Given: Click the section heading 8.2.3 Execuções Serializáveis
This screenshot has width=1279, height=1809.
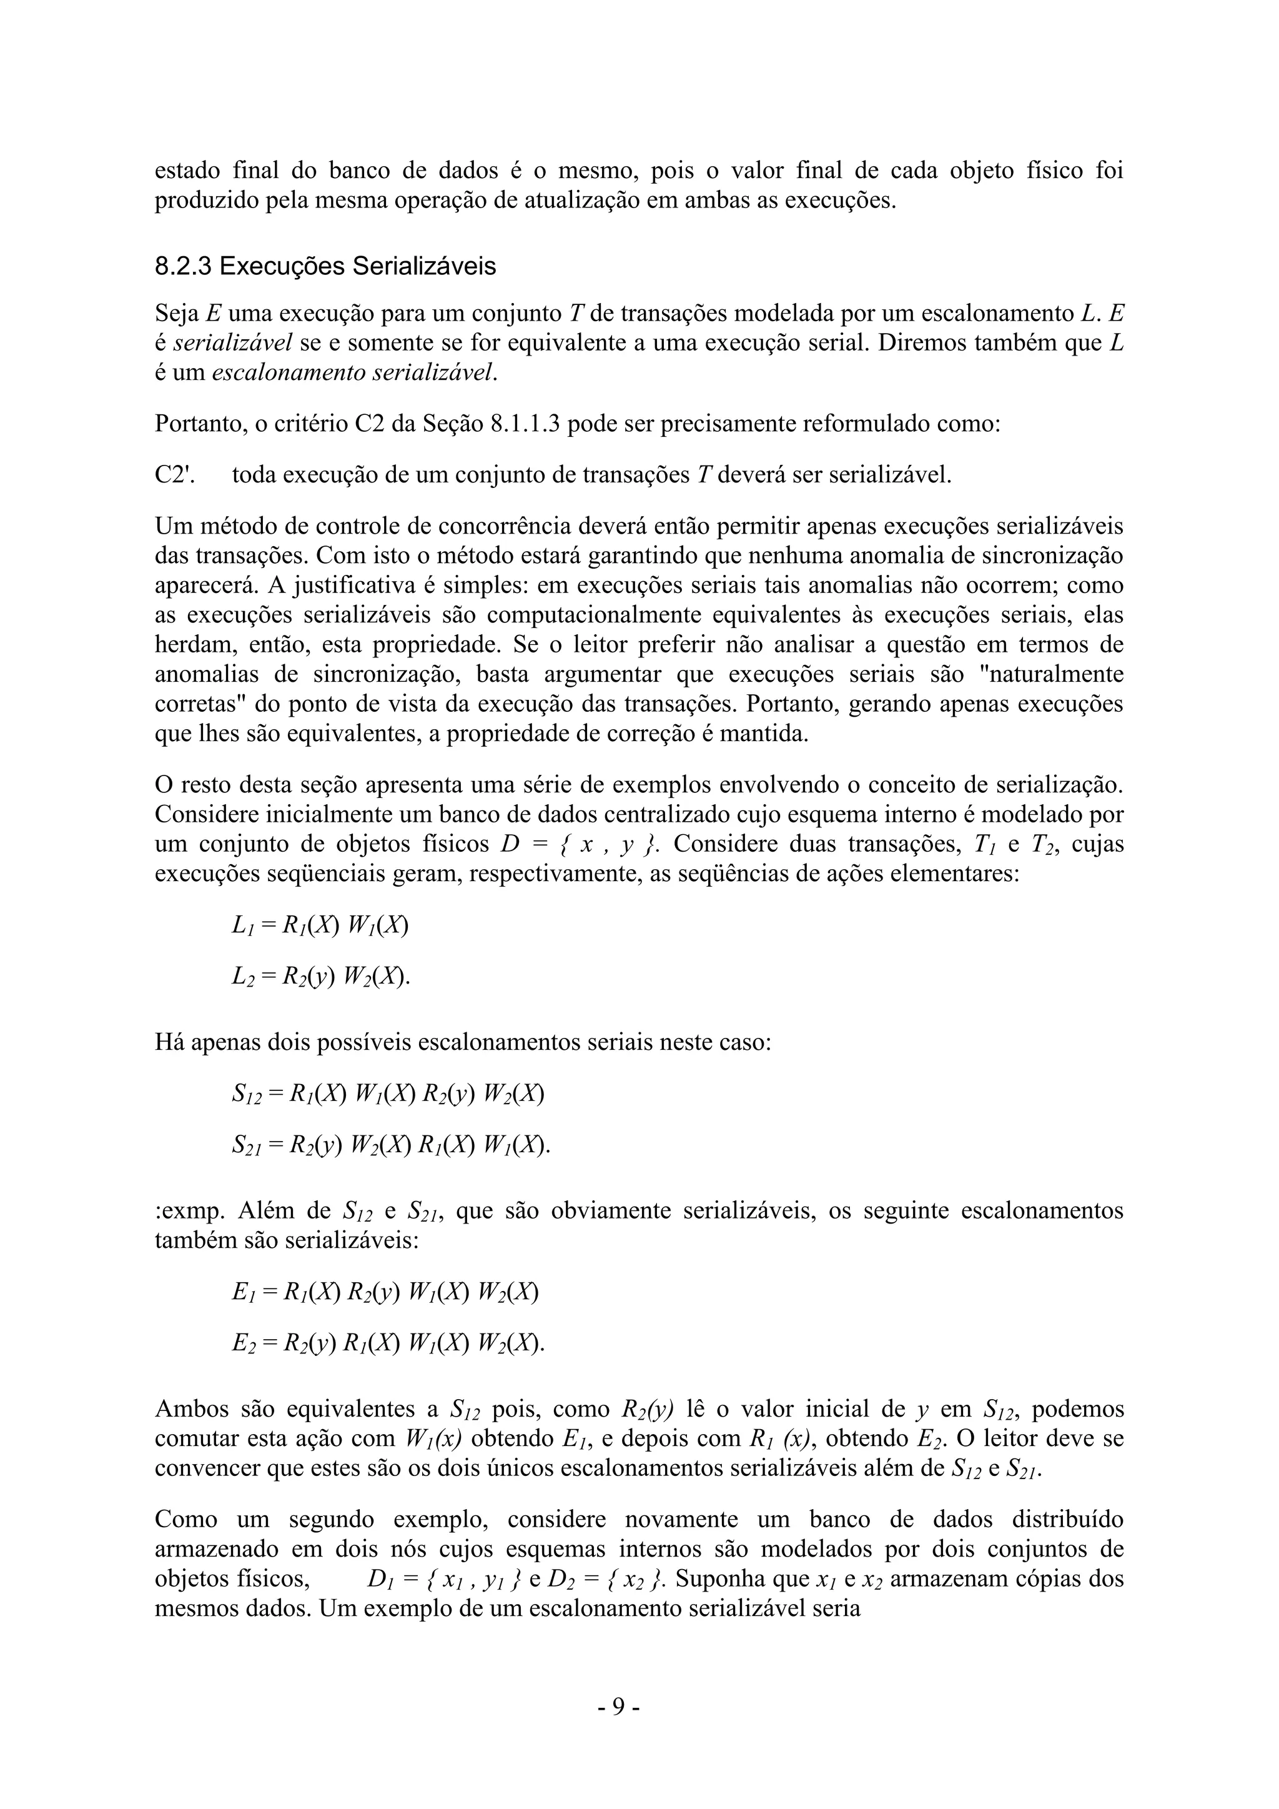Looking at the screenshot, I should [325, 266].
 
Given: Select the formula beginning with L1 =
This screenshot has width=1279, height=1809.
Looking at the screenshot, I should [320, 925].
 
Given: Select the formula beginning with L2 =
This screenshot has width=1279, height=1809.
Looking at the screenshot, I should [322, 977].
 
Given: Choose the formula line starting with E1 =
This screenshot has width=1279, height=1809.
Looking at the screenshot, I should [385, 1292].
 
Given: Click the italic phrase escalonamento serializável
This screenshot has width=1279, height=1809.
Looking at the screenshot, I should [355, 372].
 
